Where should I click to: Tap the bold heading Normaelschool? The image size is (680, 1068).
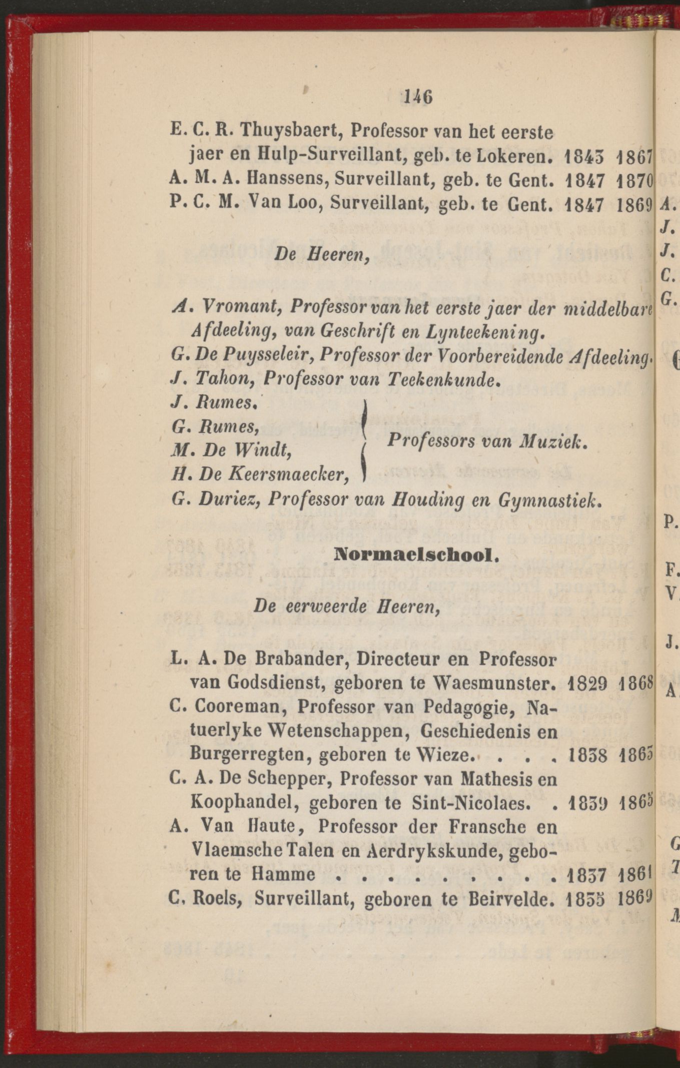click(x=413, y=555)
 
